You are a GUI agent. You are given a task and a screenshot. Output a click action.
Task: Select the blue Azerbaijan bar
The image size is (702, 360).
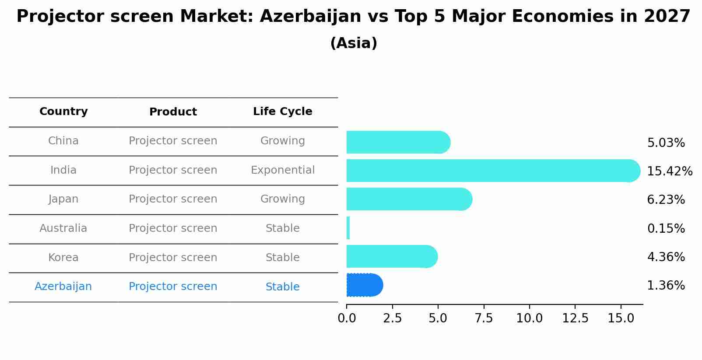pos(364,285)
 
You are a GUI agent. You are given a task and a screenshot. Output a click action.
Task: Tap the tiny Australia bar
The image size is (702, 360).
pos(348,228)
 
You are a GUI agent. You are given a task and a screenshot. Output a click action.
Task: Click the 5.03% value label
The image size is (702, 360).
pos(666,143)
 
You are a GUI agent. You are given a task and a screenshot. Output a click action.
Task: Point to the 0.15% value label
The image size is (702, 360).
pos(666,228)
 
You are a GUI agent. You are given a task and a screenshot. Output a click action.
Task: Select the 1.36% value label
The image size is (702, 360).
pos(666,286)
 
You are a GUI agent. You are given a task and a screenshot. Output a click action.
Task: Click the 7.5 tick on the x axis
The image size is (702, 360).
pos(484,318)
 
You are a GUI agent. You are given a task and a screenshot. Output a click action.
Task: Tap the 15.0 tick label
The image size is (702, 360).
pos(621,318)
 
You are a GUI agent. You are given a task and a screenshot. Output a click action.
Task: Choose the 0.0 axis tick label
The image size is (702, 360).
pos(347,318)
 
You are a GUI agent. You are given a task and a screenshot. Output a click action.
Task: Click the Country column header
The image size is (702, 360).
pos(63,112)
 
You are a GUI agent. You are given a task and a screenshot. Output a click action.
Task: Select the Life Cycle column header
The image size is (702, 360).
pos(282,112)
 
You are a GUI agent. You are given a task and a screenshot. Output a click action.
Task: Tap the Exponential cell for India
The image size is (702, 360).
pos(282,170)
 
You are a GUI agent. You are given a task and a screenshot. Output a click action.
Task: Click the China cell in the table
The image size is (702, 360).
pos(63,141)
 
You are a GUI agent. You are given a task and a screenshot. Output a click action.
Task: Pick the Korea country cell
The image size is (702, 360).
pos(63,258)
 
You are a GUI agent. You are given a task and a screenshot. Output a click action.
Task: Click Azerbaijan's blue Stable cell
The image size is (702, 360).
pos(282,287)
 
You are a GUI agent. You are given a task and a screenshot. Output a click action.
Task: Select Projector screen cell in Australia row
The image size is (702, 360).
pos(173,228)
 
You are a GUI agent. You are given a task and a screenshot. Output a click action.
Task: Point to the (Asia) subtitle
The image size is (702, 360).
pos(354,43)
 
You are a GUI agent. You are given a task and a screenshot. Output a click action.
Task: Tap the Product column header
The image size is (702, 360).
pos(173,112)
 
